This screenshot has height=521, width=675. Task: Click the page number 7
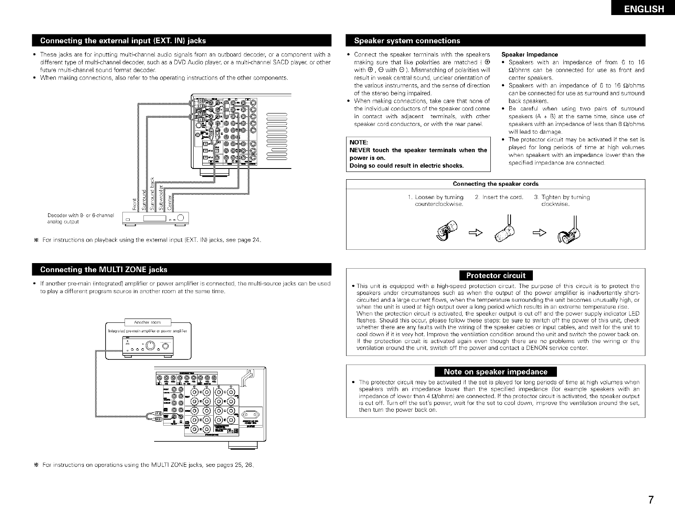[x=651, y=500]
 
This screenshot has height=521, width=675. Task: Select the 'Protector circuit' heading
[x=496, y=276]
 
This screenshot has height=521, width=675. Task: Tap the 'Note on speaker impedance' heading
[x=496, y=372]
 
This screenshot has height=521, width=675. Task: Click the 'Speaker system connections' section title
[x=407, y=41]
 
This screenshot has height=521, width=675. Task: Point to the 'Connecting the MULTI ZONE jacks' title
[x=103, y=270]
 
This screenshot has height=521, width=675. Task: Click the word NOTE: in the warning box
[x=357, y=142]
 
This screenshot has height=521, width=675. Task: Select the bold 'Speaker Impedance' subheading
[x=529, y=55]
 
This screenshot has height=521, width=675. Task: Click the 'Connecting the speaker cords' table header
[x=496, y=184]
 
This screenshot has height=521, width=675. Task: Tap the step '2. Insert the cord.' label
[x=499, y=197]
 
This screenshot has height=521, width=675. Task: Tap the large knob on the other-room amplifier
[x=151, y=345]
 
